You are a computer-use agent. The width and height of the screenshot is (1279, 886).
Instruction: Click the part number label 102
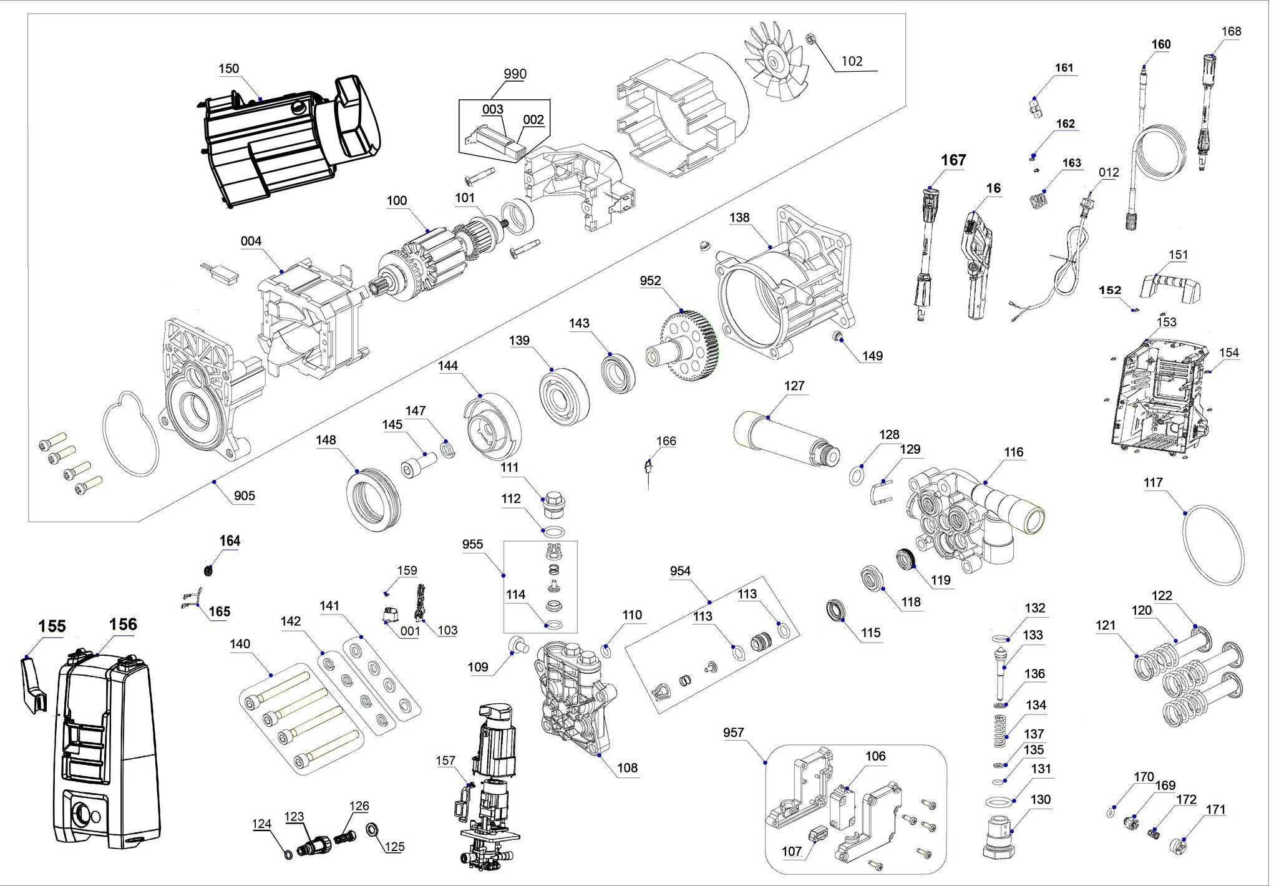pyautogui.click(x=852, y=61)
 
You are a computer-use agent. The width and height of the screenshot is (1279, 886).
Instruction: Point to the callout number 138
pyautogui.click(x=739, y=217)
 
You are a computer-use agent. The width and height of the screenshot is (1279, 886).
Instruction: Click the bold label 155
pyautogui.click(x=52, y=626)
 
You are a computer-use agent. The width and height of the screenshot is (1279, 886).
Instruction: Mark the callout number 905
pyautogui.click(x=244, y=495)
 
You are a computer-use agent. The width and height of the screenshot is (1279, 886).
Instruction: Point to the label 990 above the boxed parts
pyautogui.click(x=515, y=74)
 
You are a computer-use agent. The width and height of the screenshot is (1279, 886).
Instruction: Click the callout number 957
pyautogui.click(x=733, y=732)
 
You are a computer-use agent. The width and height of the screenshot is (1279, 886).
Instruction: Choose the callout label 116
pyautogui.click(x=1013, y=452)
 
